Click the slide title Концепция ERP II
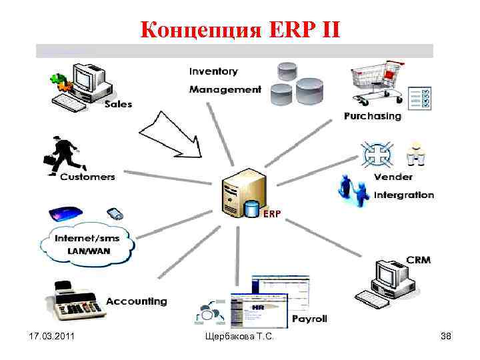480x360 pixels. [240, 29]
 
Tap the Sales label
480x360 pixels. [118, 104]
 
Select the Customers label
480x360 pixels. [87, 177]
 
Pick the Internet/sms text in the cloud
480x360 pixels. [88, 238]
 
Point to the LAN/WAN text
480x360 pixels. [87, 251]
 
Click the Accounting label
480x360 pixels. [137, 301]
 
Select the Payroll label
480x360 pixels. [309, 319]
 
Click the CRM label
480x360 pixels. [418, 259]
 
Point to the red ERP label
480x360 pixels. [271, 214]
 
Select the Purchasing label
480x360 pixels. [373, 116]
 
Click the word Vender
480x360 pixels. [393, 177]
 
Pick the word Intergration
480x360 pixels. [404, 195]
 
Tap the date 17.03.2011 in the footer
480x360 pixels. [51, 337]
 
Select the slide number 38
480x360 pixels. [445, 337]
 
